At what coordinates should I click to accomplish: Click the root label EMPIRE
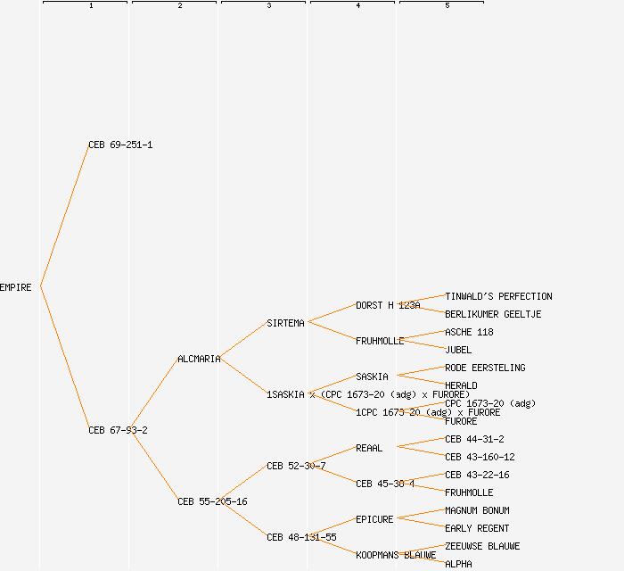coord(16,287)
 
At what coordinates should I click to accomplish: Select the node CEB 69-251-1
coord(120,145)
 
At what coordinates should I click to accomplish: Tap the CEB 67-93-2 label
coord(118,430)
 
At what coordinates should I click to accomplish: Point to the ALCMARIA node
coord(199,359)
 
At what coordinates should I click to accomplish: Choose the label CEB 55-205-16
coord(212,501)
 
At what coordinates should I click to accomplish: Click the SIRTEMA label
coord(285,323)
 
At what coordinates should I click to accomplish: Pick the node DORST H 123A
coord(388,305)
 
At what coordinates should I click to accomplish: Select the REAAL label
coord(369,448)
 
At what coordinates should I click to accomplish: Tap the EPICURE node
coord(374,519)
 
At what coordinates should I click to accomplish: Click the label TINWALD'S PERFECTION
coord(498,296)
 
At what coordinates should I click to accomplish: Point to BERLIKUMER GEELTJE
coord(493,314)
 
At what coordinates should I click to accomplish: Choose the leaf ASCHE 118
coord(469,332)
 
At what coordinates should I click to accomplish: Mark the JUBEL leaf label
coord(458,350)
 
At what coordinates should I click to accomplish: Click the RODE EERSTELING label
coord(485,368)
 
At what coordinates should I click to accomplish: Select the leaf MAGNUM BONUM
coord(477,510)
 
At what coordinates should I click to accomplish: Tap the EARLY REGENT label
coord(477,528)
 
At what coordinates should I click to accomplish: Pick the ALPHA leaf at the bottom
coord(458,564)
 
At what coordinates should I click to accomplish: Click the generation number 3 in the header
coord(268,6)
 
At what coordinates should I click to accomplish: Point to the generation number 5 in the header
coord(447,6)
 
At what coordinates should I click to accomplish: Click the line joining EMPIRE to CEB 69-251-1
coord(64,216)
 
